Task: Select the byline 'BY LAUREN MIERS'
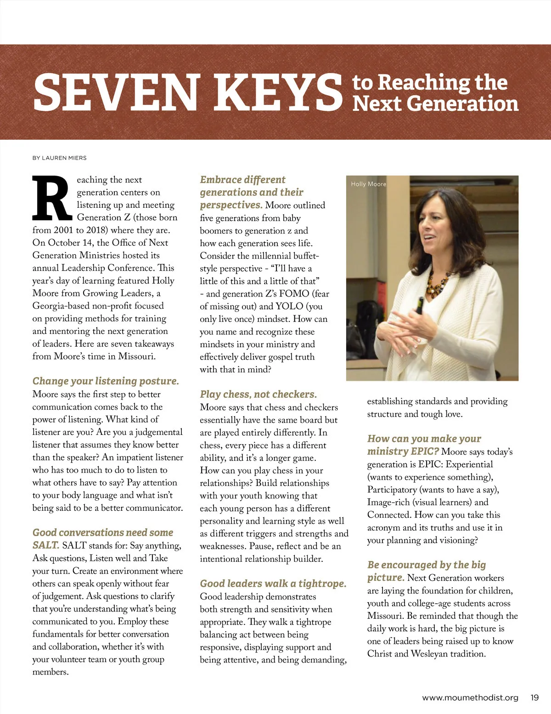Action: (x=59, y=158)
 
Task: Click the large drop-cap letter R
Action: (x=51, y=198)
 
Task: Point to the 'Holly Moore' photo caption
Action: (x=368, y=184)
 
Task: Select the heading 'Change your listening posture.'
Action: (x=106, y=381)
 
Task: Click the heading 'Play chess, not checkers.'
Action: (x=258, y=394)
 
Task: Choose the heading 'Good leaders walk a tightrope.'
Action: (x=273, y=583)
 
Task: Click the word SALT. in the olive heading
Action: (x=45, y=545)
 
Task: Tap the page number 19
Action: (x=534, y=697)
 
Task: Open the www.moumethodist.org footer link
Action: (x=470, y=697)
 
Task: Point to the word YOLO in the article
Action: (x=289, y=306)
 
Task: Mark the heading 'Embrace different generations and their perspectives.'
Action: (x=252, y=192)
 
